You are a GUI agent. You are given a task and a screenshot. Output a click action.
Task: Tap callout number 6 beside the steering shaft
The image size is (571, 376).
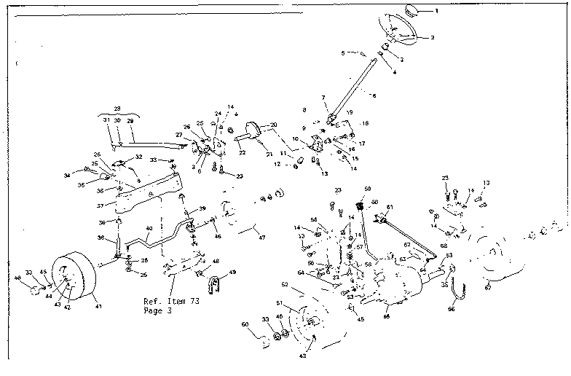pos(374,95)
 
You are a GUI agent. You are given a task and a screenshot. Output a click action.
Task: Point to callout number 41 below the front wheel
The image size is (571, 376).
pos(100,307)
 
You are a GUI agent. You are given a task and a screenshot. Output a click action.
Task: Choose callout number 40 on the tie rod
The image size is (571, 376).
pos(149,228)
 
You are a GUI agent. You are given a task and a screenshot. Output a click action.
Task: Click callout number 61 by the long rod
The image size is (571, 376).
pos(390,208)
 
